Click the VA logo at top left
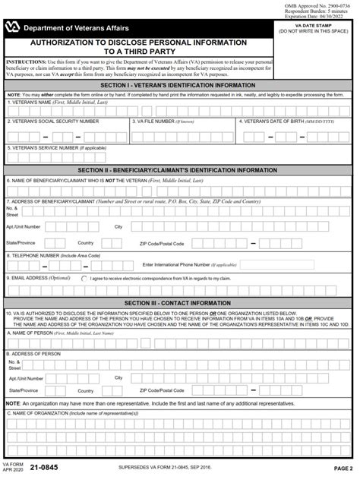13,27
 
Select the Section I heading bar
180,85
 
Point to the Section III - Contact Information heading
180,302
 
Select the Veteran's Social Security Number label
53,121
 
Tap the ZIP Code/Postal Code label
162,243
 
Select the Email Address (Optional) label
38,279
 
